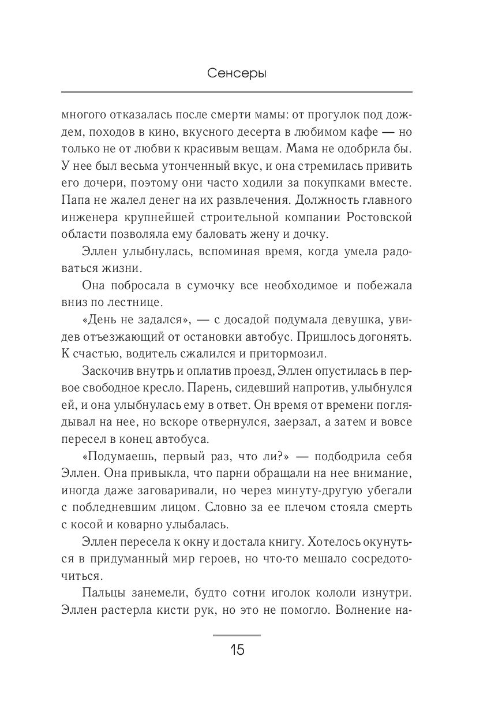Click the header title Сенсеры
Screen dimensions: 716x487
(236, 75)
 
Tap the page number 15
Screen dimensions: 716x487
(237, 650)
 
